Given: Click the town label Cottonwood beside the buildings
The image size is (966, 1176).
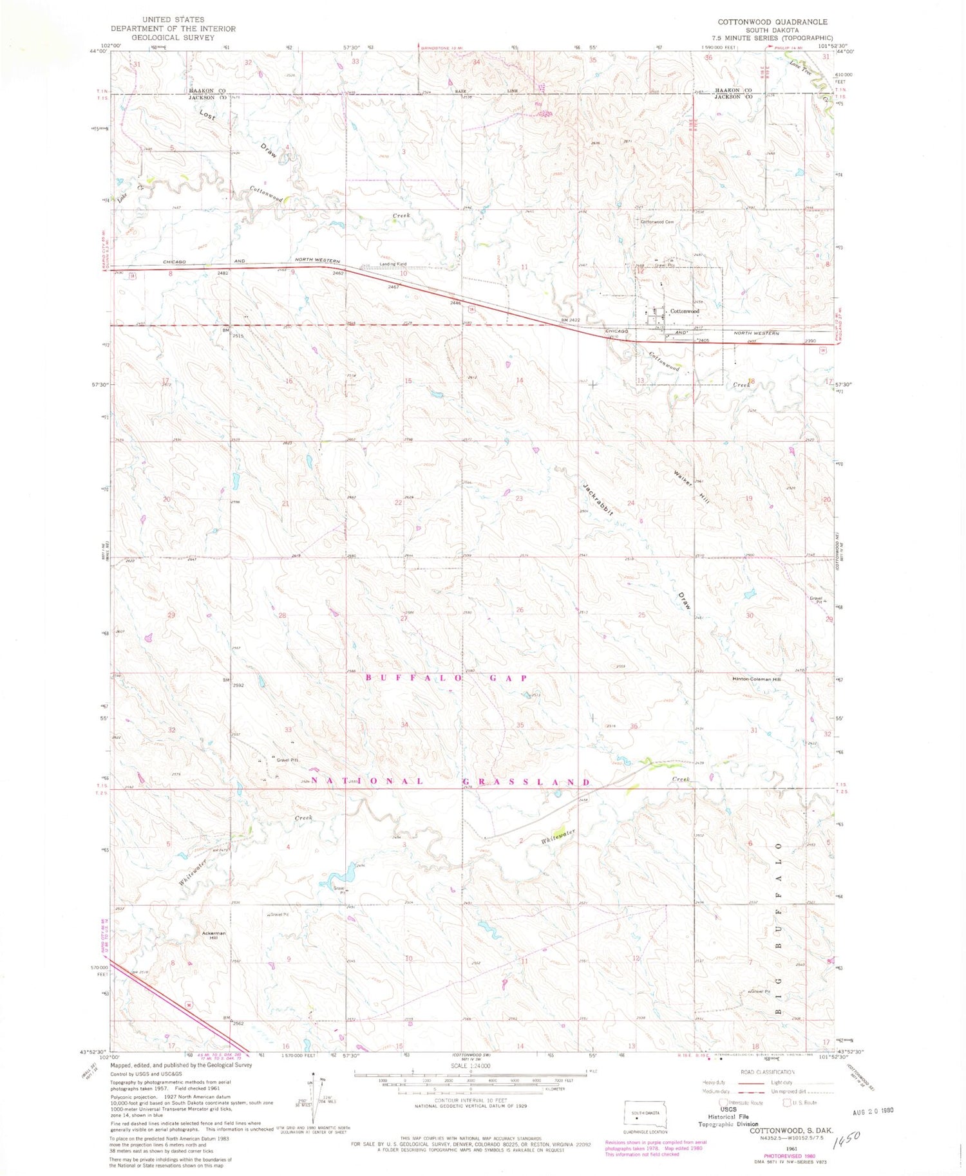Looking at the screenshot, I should [685, 311].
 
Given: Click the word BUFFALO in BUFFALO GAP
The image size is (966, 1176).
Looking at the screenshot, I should [415, 678].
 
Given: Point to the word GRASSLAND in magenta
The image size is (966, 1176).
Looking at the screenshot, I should [526, 781].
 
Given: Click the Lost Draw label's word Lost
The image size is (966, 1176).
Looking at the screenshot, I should [207, 115].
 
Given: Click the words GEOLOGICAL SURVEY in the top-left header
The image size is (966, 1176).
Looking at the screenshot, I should [164, 37].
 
